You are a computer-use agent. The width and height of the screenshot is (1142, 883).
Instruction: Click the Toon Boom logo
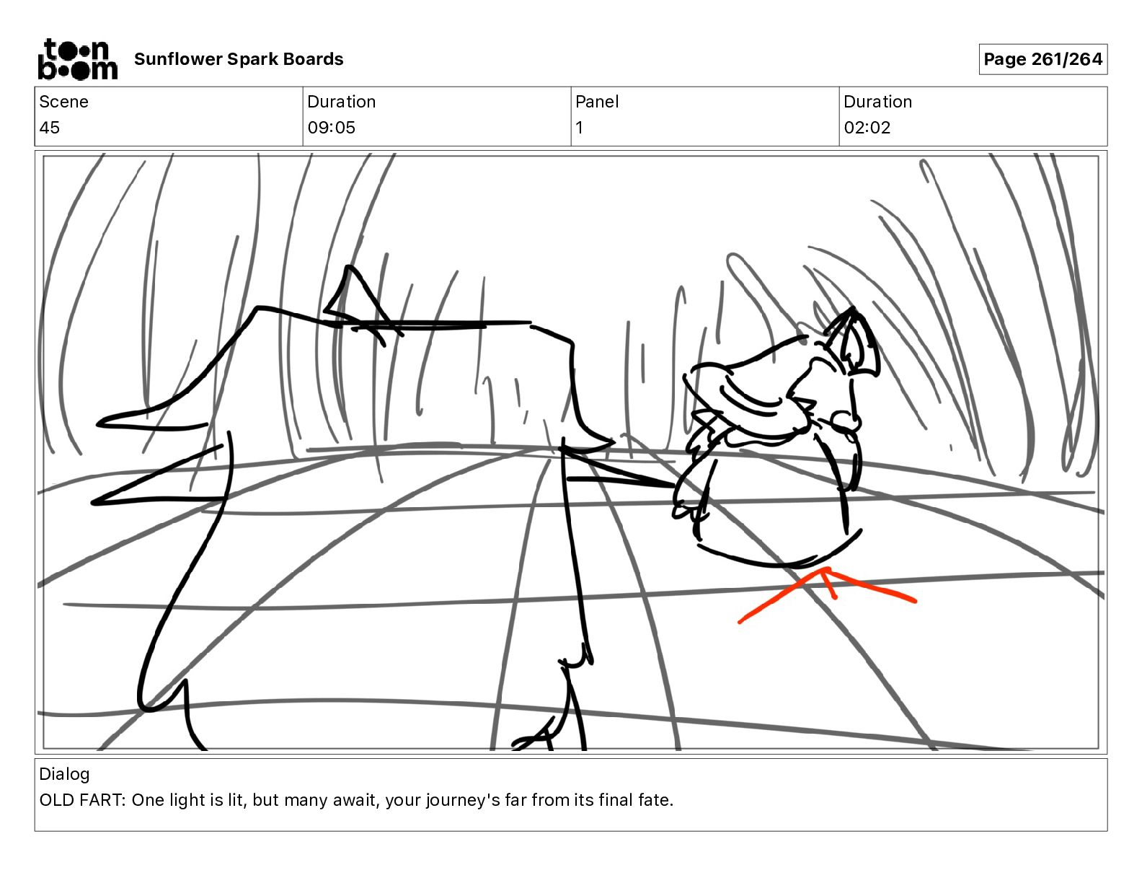[x=78, y=59]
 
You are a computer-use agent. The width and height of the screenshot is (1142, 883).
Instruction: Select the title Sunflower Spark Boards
[x=239, y=59]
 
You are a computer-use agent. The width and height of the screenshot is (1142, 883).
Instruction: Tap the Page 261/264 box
[x=1043, y=59]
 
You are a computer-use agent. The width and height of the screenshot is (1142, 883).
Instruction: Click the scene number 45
[x=50, y=128]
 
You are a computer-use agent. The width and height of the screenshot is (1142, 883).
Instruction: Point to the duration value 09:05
[x=331, y=128]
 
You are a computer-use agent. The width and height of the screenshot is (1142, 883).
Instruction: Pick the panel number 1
[x=579, y=128]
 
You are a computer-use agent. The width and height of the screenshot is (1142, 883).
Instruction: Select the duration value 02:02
[x=867, y=128]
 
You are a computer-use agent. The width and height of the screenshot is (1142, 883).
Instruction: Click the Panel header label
[x=597, y=102]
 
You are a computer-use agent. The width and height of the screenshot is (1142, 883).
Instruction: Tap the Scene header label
[x=63, y=102]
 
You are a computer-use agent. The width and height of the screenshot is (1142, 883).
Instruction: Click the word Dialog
[x=64, y=774]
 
